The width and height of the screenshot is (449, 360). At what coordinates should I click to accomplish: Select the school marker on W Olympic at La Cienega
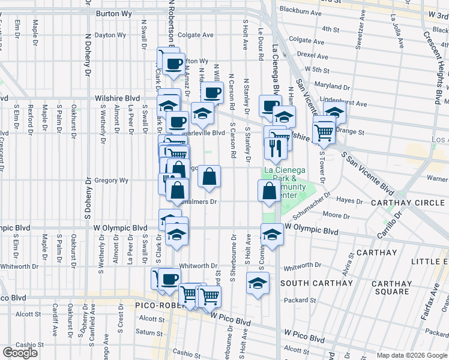click(272, 234)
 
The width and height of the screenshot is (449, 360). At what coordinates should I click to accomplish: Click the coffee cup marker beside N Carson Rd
click(211, 92)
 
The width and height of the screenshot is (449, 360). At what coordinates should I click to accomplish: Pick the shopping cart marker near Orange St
click(324, 131)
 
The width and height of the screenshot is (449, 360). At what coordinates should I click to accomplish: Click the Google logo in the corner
click(20, 353)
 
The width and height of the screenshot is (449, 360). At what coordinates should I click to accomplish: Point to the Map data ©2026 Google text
click(411, 355)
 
